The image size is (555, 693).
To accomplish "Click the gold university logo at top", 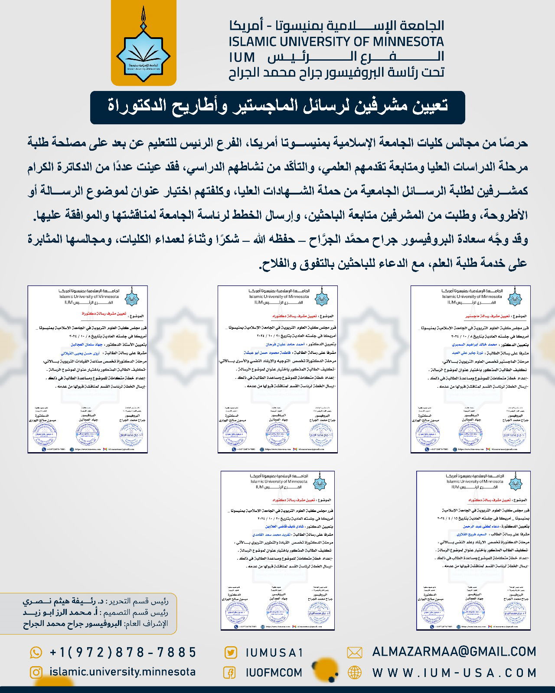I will [144, 43].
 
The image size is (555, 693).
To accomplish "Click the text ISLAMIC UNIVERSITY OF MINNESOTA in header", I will [336, 42].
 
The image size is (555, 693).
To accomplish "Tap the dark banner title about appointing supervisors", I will [277, 107].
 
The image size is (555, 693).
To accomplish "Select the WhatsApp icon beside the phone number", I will [36, 652].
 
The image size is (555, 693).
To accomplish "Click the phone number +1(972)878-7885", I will [123, 652].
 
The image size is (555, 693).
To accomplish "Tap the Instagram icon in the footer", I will [36, 672].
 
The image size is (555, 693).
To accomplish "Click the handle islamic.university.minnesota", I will [123, 672].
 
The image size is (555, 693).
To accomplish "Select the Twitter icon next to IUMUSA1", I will [230, 653].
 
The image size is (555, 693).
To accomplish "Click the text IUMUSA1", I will [274, 653].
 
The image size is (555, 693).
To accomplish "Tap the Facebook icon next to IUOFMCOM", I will [229, 673].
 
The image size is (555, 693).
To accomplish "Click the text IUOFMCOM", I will [274, 673].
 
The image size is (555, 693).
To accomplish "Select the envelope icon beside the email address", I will [355, 653].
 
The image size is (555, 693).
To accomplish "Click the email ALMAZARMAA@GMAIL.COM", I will [454, 652].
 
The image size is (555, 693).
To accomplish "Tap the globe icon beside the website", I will [355, 673].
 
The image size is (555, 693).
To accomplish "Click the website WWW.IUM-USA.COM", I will [454, 673].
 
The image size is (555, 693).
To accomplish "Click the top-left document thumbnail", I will [88, 369].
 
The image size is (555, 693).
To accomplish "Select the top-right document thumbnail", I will [470, 369].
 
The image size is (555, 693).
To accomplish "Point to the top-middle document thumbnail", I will [277, 369].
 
